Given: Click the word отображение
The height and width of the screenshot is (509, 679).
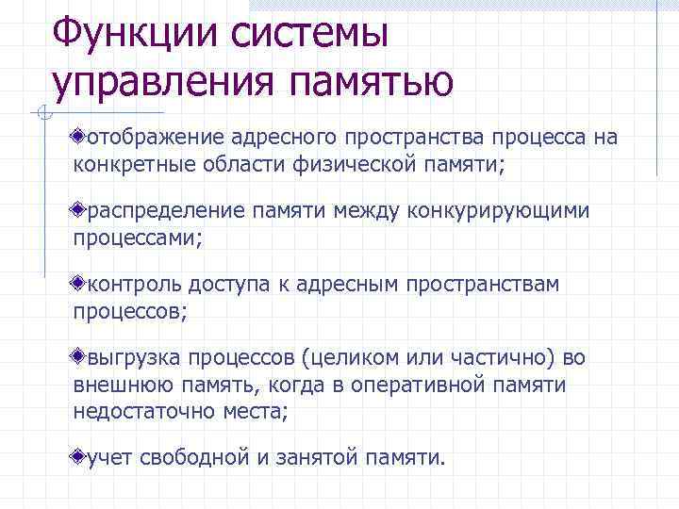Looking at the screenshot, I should [152, 139].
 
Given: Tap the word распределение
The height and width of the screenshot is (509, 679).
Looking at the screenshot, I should [159, 210].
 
